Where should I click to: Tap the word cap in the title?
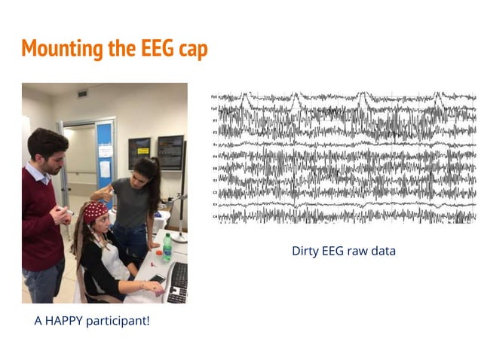pyautogui.click(x=191, y=50)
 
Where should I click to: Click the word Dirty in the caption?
pyautogui.click(x=308, y=251)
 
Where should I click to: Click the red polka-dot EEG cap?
pyautogui.click(x=95, y=212)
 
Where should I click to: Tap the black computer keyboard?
pyautogui.click(x=178, y=283)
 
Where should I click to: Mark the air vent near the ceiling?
pyautogui.click(x=82, y=93)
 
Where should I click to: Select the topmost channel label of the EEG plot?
pyautogui.click(x=215, y=97)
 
